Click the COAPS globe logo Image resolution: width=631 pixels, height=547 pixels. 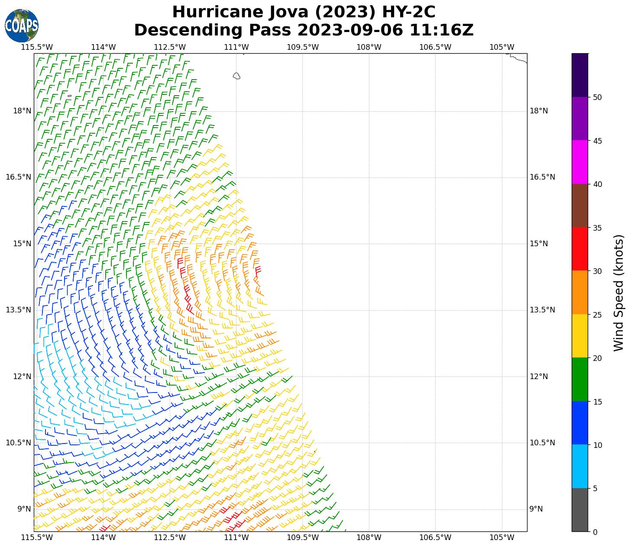[x=22, y=26]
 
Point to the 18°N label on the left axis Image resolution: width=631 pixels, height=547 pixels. [x=22, y=111]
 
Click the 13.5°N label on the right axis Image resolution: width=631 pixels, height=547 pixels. [x=542, y=310]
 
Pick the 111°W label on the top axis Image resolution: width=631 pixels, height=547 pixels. [x=236, y=47]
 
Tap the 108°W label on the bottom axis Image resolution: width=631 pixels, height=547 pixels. [x=369, y=537]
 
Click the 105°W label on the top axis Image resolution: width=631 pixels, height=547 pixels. [x=502, y=47]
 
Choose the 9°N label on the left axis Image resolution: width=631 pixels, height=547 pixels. [x=24, y=509]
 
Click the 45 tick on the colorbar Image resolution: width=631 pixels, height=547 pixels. [x=598, y=141]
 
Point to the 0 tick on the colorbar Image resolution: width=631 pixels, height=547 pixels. [x=595, y=532]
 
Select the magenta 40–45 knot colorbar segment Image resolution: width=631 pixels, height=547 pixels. [x=580, y=162]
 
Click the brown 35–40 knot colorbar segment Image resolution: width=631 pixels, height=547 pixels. [x=580, y=206]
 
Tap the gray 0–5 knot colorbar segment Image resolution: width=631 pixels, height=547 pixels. [x=580, y=510]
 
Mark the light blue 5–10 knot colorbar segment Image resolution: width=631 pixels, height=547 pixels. [x=580, y=466]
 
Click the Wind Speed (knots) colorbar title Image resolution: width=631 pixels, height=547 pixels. [x=619, y=293]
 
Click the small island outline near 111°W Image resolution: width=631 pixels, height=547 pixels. [x=236, y=76]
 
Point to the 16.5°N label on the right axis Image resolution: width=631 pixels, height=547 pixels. [x=542, y=177]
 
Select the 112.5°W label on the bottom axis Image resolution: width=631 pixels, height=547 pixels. [x=170, y=537]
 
